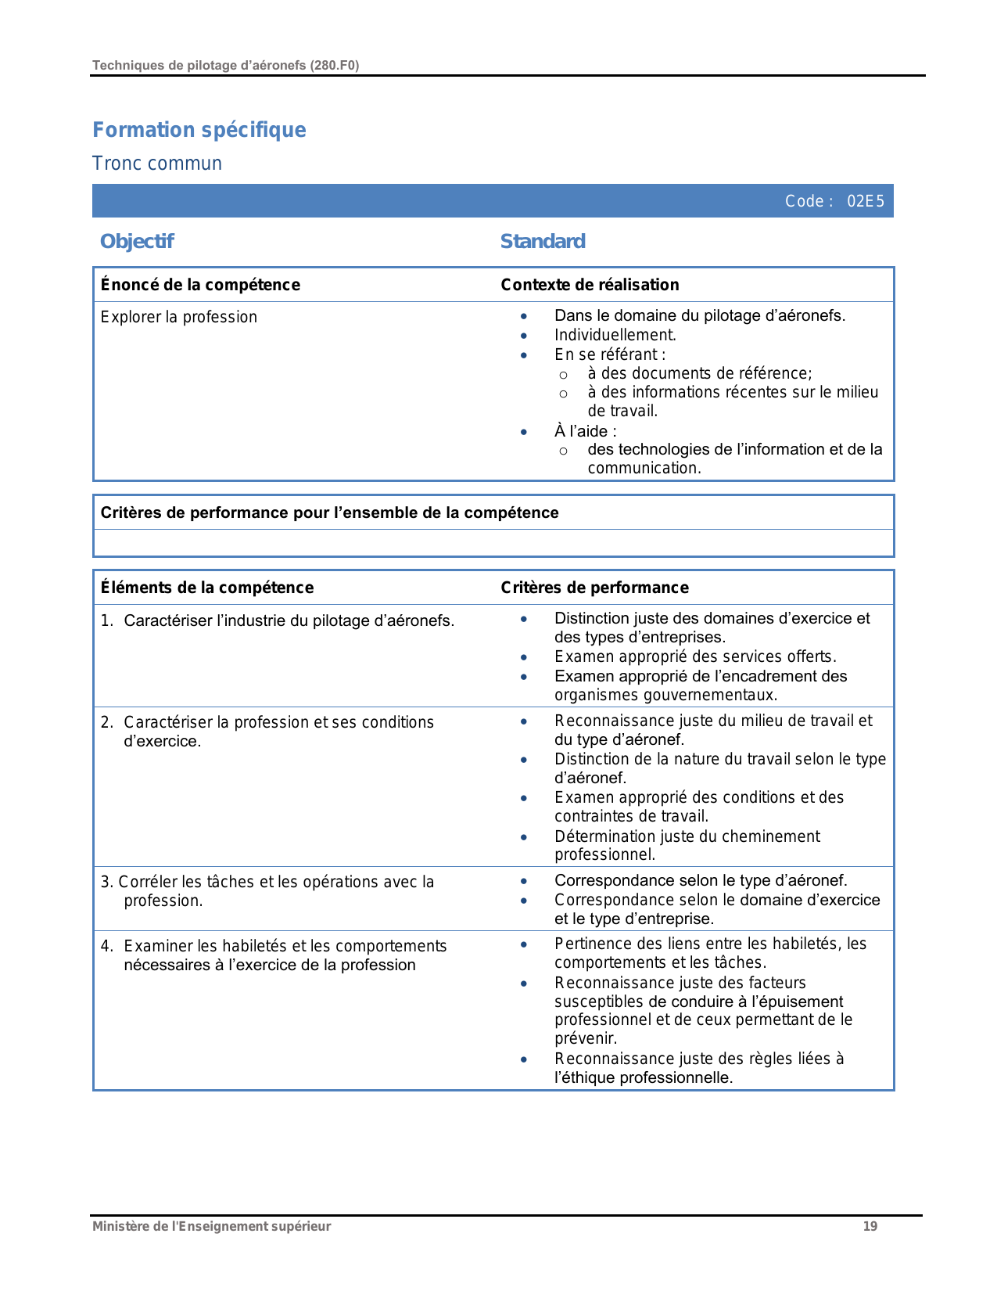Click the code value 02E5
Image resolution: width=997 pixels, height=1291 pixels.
coord(866,201)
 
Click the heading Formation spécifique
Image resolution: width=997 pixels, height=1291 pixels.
coord(199,130)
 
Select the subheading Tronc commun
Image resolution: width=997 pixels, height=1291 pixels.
coord(157,164)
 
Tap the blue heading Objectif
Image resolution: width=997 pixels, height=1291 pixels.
coord(137,241)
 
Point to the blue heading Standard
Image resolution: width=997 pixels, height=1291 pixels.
coord(543,241)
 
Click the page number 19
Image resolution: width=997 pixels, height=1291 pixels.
coord(870,1226)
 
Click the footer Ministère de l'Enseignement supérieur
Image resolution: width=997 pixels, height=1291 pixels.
coord(211,1226)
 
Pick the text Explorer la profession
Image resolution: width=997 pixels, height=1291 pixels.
coord(179,317)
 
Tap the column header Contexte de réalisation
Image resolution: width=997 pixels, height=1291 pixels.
coord(590,285)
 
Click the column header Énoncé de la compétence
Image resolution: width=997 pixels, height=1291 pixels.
coord(200,285)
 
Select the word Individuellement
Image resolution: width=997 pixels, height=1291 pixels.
coord(615,335)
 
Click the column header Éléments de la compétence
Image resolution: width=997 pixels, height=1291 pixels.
coord(207,588)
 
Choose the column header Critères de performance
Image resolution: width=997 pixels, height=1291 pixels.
coord(594,588)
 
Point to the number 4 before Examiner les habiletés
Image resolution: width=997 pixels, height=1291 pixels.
coord(106,946)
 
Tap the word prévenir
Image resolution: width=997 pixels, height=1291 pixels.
coord(585,1039)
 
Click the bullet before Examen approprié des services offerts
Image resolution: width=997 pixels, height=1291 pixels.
coord(524,657)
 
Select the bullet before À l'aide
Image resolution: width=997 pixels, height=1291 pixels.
coord(524,432)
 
